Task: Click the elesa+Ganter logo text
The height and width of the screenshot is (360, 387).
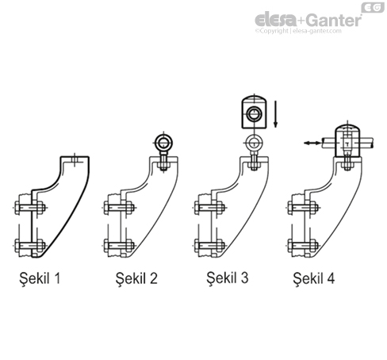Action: pyautogui.click(x=308, y=20)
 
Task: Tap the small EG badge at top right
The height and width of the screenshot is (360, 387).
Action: pyautogui.click(x=373, y=8)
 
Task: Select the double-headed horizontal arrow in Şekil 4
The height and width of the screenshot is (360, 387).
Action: pyautogui.click(x=314, y=144)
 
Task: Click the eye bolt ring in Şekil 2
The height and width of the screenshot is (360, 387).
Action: pyautogui.click(x=163, y=144)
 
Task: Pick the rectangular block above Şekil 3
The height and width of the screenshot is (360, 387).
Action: pyautogui.click(x=253, y=113)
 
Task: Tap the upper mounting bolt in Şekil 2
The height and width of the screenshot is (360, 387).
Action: pyautogui.click(x=118, y=209)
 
